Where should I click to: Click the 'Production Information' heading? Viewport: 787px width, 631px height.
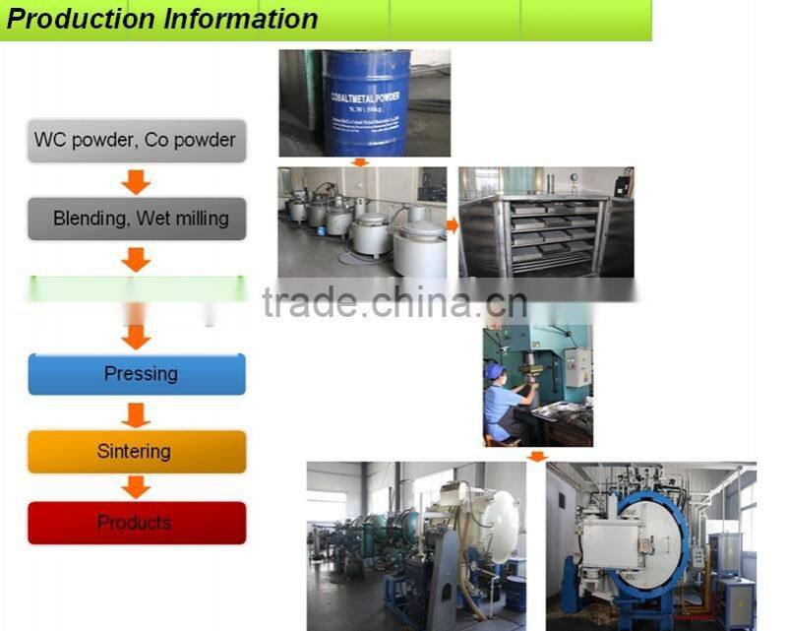162,19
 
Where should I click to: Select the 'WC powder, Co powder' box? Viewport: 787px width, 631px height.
136,140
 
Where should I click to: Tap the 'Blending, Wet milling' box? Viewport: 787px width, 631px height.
137,218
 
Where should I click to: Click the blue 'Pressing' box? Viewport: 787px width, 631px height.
137,374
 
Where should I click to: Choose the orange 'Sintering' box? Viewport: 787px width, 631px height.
137,452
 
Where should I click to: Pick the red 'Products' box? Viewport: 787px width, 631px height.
137,523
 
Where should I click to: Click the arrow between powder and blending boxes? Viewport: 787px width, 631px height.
136,181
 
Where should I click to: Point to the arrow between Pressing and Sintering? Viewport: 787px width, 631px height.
137,412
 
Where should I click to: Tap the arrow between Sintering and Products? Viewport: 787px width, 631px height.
137,487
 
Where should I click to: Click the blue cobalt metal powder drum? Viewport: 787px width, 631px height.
363,104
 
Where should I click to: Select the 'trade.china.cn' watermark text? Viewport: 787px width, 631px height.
394,303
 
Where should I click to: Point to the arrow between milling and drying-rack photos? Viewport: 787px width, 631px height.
453,224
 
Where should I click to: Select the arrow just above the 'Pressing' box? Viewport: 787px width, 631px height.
137,337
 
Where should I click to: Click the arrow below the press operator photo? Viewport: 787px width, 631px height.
536,456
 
